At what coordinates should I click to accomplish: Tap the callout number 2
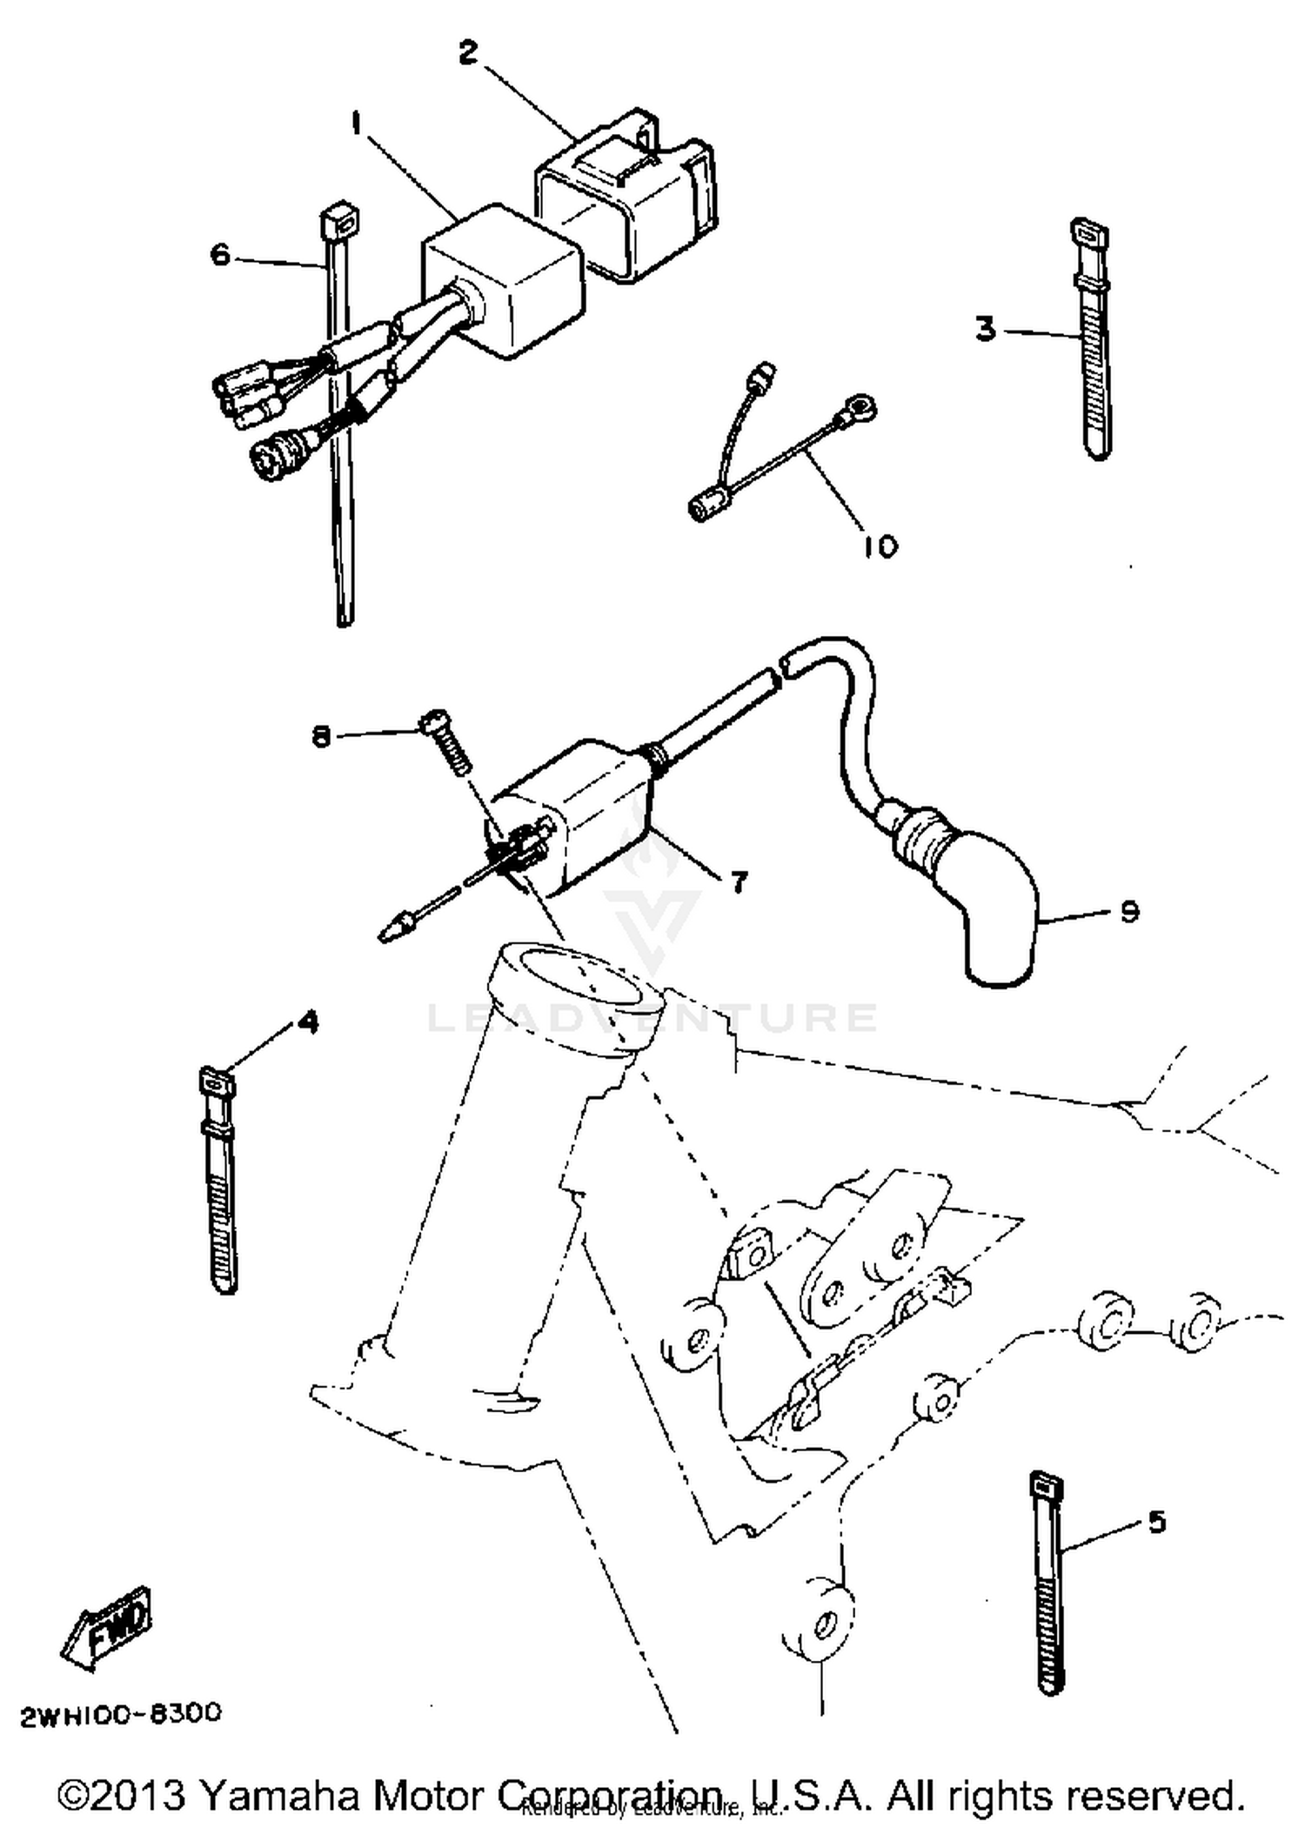(468, 53)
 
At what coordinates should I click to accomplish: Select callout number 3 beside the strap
(984, 330)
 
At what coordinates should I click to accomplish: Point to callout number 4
(307, 1021)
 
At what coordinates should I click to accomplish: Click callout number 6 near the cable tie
(220, 255)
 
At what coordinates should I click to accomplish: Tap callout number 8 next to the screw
(322, 737)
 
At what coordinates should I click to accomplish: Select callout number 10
(880, 546)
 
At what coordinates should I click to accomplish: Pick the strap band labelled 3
(1093, 339)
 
